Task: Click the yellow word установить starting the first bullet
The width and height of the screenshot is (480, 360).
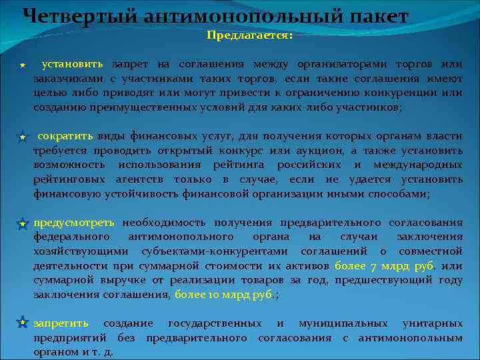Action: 72,64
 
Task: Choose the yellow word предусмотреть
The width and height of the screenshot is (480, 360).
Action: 74,222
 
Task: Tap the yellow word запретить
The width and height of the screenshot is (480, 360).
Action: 61,323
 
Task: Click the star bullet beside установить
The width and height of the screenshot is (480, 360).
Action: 22,65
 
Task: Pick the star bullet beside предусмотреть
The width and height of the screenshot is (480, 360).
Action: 22,223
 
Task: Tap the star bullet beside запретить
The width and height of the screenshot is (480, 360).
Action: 22,323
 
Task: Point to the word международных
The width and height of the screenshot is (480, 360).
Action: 419,165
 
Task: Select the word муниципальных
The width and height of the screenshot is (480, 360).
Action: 343,323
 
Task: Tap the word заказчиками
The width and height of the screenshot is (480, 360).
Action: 63,79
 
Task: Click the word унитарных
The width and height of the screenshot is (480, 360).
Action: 432,323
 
